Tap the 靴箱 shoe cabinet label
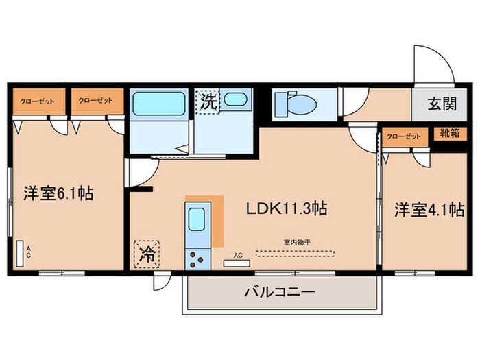(449, 135)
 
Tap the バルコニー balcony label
(280, 293)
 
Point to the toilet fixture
(295, 104)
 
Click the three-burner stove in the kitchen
(197, 259)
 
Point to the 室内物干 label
(296, 241)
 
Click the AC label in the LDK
(238, 255)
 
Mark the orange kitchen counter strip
(217, 221)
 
